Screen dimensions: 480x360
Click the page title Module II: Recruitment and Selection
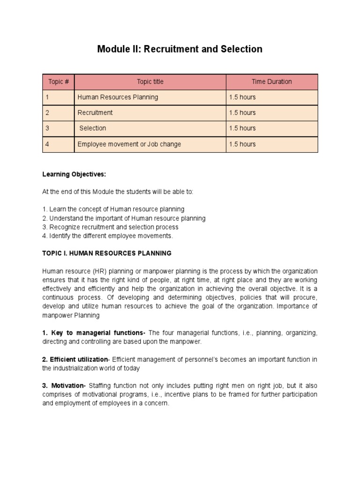tap(180, 49)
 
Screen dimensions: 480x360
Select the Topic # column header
tap(59, 82)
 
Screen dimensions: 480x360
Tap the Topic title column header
tap(150, 82)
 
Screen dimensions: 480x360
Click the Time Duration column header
tap(271, 82)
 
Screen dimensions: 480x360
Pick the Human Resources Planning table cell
tap(118, 97)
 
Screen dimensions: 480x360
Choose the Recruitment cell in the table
tap(95, 112)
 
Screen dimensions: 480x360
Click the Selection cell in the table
tap(93, 128)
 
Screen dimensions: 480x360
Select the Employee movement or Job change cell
tap(129, 144)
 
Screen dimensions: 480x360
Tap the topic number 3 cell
tap(58, 128)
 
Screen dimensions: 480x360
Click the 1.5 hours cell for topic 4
tap(242, 144)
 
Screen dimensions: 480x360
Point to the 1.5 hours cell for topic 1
tap(242, 97)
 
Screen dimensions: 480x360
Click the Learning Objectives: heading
tap(74, 174)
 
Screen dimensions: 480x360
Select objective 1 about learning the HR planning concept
tap(113, 209)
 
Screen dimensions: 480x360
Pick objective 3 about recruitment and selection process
tap(110, 227)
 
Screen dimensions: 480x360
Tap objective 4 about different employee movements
tap(107, 236)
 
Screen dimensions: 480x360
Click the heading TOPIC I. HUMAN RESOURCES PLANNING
tap(107, 253)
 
